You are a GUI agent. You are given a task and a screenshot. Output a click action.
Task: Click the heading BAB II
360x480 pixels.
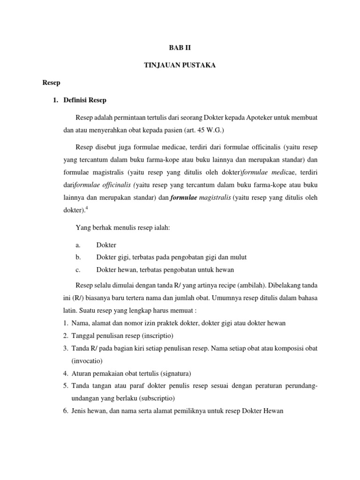(180, 48)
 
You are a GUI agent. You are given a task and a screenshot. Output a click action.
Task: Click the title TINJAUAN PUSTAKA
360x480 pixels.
(180, 65)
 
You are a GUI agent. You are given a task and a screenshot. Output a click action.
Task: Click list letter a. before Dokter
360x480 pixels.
(77, 245)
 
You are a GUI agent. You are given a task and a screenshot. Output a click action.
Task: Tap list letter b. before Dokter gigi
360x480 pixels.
(78, 257)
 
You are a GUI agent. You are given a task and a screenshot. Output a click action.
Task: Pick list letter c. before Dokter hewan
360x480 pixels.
(77, 270)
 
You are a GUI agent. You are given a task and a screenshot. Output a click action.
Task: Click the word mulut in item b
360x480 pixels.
(239, 257)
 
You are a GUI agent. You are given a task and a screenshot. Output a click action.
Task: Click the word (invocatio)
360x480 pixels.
(87, 360)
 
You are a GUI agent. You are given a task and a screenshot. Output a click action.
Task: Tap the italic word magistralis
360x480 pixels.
(216, 198)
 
